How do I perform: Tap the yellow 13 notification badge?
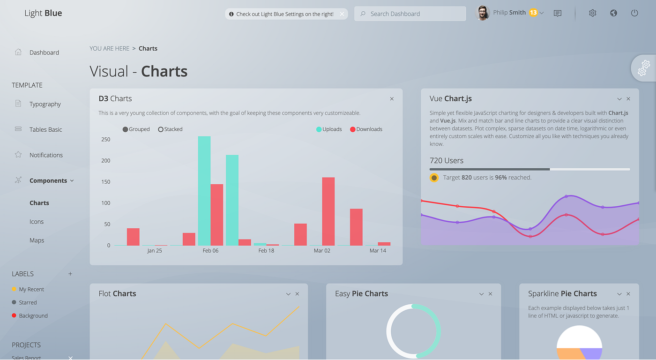click(x=533, y=13)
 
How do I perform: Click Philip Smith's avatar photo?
click(x=482, y=13)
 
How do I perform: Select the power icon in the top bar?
click(x=634, y=13)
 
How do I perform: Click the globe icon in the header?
click(x=613, y=13)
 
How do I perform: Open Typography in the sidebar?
click(x=45, y=104)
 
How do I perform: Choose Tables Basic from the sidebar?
click(x=45, y=129)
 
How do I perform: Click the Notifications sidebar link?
click(x=46, y=155)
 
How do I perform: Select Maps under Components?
click(x=37, y=240)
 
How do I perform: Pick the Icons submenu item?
click(x=37, y=222)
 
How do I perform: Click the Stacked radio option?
click(x=161, y=129)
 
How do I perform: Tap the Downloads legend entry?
click(x=366, y=129)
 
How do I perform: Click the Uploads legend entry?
click(x=329, y=129)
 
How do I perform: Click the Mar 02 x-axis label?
click(x=322, y=251)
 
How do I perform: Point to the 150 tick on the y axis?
click(x=105, y=182)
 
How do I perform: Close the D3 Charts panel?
click(x=392, y=99)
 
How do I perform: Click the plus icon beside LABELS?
click(x=70, y=274)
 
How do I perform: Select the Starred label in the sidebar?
click(x=28, y=303)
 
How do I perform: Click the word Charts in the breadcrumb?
click(x=148, y=49)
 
